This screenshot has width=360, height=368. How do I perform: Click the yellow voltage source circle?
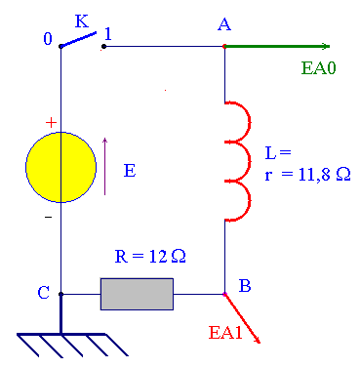[x=60, y=167]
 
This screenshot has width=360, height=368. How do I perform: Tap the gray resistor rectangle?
[x=137, y=293]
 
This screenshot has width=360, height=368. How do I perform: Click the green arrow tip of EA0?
[x=327, y=46]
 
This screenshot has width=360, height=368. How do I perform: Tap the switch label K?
[x=81, y=20]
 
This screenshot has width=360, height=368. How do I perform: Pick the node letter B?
[x=245, y=285]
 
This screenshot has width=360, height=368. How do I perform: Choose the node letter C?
[x=44, y=291]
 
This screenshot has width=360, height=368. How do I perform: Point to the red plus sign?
[x=51, y=123]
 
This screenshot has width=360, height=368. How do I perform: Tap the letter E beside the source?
[x=129, y=170]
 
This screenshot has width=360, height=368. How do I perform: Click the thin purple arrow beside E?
[x=104, y=166]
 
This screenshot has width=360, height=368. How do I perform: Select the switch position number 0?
[x=48, y=38]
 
